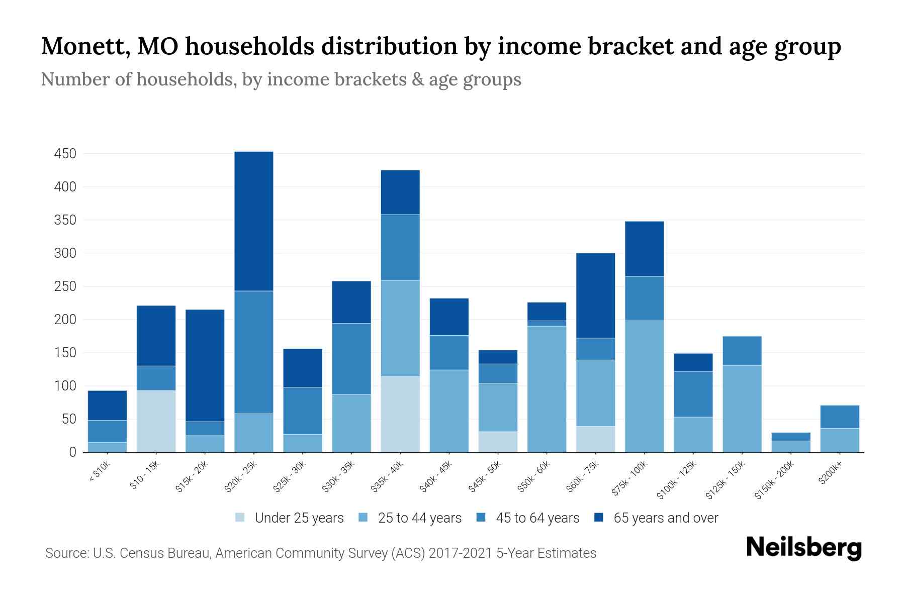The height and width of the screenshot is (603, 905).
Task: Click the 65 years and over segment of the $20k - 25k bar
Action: [x=253, y=221]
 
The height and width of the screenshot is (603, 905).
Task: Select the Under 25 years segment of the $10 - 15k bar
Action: [x=156, y=421]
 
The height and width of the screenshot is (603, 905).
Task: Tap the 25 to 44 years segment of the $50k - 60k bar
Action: [x=547, y=389]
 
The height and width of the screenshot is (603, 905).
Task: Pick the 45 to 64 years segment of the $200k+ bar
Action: [x=839, y=417]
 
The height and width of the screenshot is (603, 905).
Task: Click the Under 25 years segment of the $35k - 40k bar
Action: [x=400, y=414]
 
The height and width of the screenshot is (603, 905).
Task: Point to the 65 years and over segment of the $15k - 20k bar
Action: [x=205, y=365]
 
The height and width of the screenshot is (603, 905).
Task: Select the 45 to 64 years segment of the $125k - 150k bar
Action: [x=742, y=351]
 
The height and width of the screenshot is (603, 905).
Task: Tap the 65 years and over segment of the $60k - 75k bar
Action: [x=595, y=295]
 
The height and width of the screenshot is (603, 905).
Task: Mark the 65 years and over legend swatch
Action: [x=599, y=518]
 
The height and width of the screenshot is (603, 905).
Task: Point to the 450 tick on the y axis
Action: [x=65, y=154]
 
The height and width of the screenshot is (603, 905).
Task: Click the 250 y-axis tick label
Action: [x=65, y=286]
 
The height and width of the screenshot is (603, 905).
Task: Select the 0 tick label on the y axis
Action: [x=72, y=452]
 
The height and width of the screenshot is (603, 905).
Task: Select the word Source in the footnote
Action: [x=65, y=553]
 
